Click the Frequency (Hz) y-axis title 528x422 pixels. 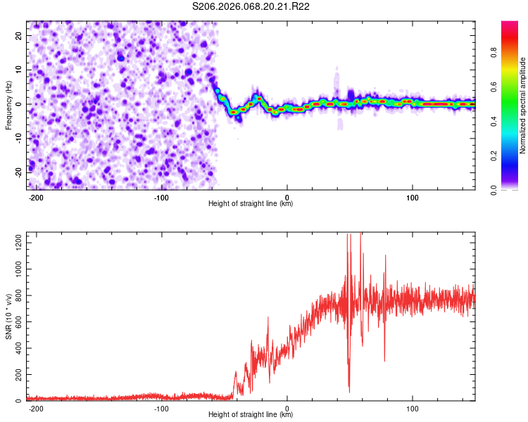coord(8,105)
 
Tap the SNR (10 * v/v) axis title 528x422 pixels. coord(8,316)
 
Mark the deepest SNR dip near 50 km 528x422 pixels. coord(349,391)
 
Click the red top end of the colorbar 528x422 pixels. coord(510,24)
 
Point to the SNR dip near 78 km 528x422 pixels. coord(384,361)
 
